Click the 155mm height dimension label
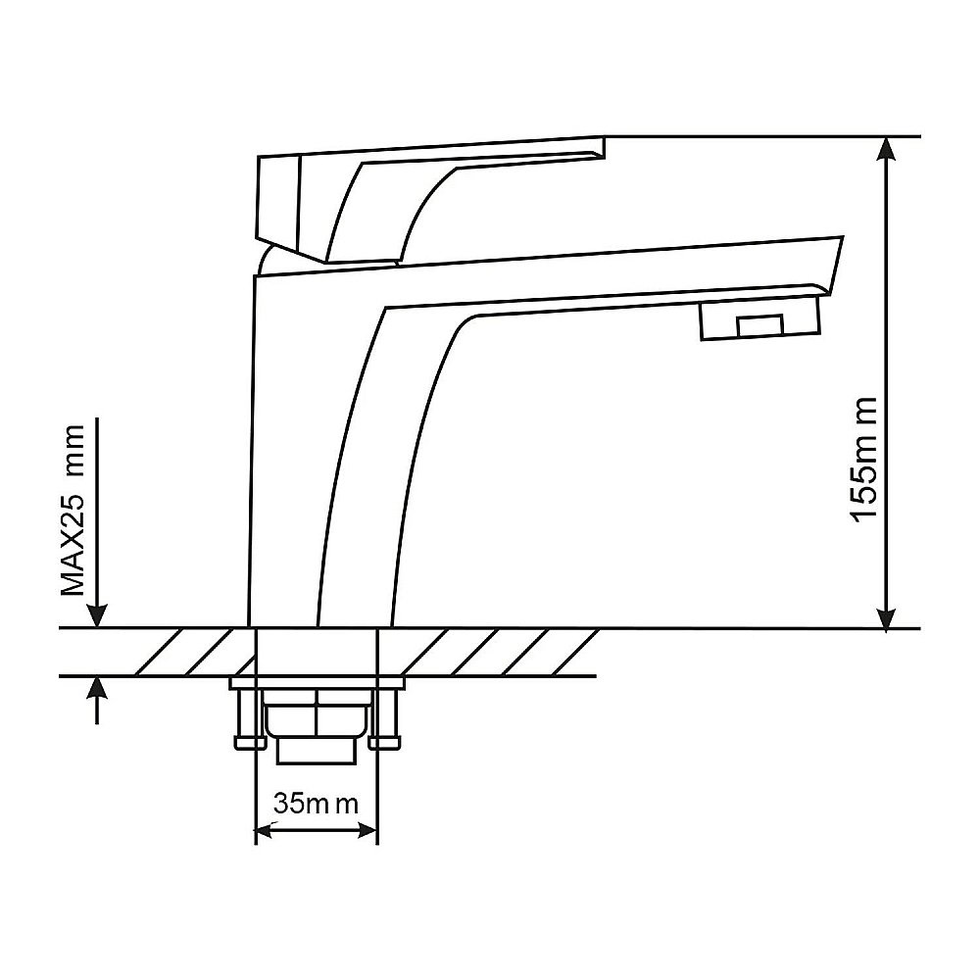point(865,458)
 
